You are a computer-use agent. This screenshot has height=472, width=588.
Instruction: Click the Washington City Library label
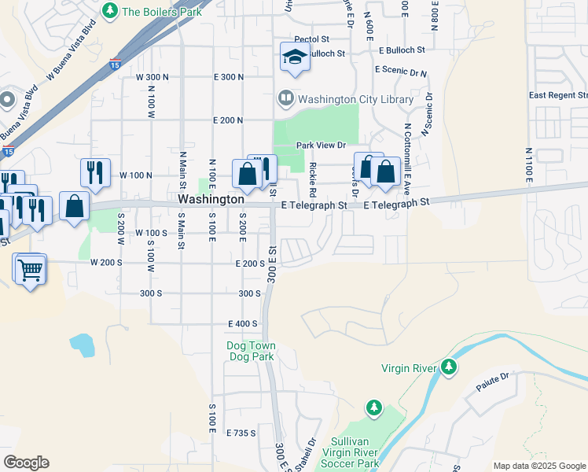tap(355, 100)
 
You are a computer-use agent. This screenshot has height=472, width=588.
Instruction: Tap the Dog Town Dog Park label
tap(250, 351)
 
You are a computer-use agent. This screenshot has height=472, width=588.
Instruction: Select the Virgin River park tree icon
tap(449, 367)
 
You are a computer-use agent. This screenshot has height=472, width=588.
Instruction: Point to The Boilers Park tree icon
tap(111, 11)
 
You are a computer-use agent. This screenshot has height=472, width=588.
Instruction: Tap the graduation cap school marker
tap(295, 57)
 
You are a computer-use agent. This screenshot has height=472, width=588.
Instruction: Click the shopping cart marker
tap(30, 270)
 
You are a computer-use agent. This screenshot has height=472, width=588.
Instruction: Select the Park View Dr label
tap(321, 146)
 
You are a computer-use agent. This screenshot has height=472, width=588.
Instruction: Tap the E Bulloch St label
tap(401, 50)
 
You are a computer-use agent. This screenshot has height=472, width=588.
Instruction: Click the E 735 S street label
tap(241, 433)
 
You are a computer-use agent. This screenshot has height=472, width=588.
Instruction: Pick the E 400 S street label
tap(243, 324)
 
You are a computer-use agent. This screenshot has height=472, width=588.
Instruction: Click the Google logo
tap(26, 463)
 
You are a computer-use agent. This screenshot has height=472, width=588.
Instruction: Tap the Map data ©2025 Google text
tap(538, 466)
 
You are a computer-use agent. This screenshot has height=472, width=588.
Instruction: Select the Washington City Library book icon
tap(285, 100)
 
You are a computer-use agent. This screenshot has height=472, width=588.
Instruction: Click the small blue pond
tap(81, 344)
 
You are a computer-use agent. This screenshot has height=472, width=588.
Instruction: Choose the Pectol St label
tap(311, 39)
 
